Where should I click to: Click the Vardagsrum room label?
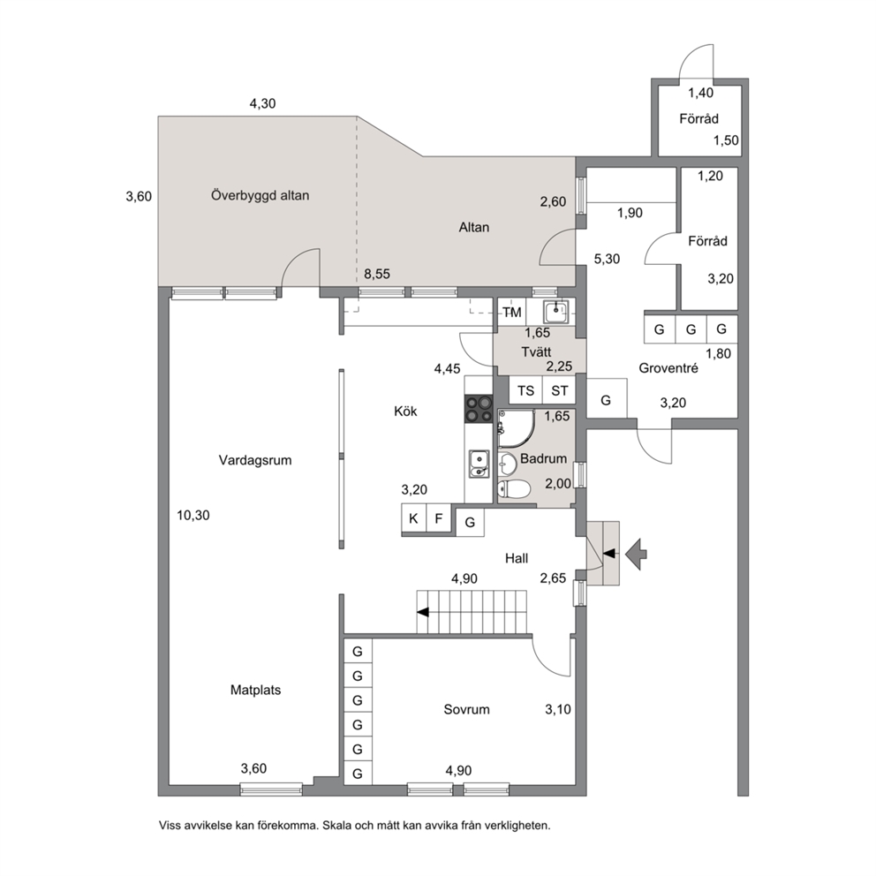coord(254,460)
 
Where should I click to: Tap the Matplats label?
coord(255,690)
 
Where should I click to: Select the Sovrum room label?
coord(466,709)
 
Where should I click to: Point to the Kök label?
coord(405,412)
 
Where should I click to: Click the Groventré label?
coord(668,368)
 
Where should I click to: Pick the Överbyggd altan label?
coord(260,195)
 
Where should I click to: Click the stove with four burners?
coord(479,408)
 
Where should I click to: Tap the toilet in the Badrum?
coord(513,489)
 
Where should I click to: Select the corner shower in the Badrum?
coord(516,428)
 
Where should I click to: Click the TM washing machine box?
coord(512,313)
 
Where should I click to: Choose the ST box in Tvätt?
coord(559,390)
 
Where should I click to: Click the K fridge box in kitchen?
coord(413,518)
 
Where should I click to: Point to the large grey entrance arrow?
coord(637,554)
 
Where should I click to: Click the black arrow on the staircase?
coord(423,612)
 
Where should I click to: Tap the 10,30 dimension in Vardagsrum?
coord(193,515)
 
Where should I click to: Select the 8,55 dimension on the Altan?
coord(377,274)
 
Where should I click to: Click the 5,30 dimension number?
coord(607,259)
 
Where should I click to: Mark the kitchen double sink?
coord(479,464)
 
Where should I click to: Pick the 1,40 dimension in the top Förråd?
coord(700,93)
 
